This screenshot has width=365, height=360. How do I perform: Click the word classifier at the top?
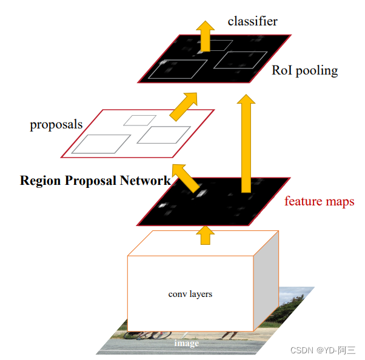coord(252,21)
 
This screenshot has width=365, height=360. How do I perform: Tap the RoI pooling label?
coord(304,71)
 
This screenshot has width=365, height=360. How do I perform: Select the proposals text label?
coord(56,125)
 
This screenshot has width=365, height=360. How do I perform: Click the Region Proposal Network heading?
coord(95,181)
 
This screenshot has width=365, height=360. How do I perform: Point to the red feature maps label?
coord(319,201)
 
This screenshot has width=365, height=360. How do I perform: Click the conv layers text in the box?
coord(190,294)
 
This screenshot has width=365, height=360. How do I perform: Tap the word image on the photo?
coord(186,343)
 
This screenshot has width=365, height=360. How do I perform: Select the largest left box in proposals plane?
coord(100,144)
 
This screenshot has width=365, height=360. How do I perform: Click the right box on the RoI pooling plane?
coord(240,59)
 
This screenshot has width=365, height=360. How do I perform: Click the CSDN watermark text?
coord(323,350)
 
